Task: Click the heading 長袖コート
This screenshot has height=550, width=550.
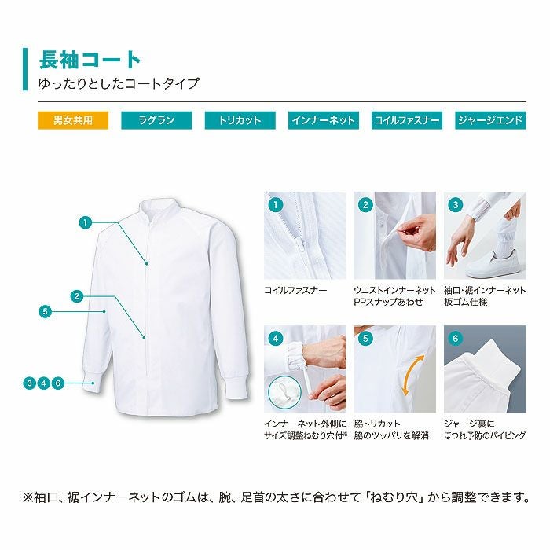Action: [90, 59]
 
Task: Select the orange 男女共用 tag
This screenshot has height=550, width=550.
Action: [72, 120]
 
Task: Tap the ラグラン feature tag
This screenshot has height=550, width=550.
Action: [156, 120]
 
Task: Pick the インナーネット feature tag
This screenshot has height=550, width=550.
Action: [323, 120]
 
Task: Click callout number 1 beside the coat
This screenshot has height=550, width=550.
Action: [85, 222]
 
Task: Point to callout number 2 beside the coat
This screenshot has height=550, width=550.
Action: [77, 296]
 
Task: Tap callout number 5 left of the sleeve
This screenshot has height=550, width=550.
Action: [45, 311]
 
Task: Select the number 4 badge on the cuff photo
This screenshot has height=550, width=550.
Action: [275, 339]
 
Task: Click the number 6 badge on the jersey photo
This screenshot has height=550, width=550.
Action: [455, 339]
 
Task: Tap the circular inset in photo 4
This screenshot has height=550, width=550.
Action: [286, 390]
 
